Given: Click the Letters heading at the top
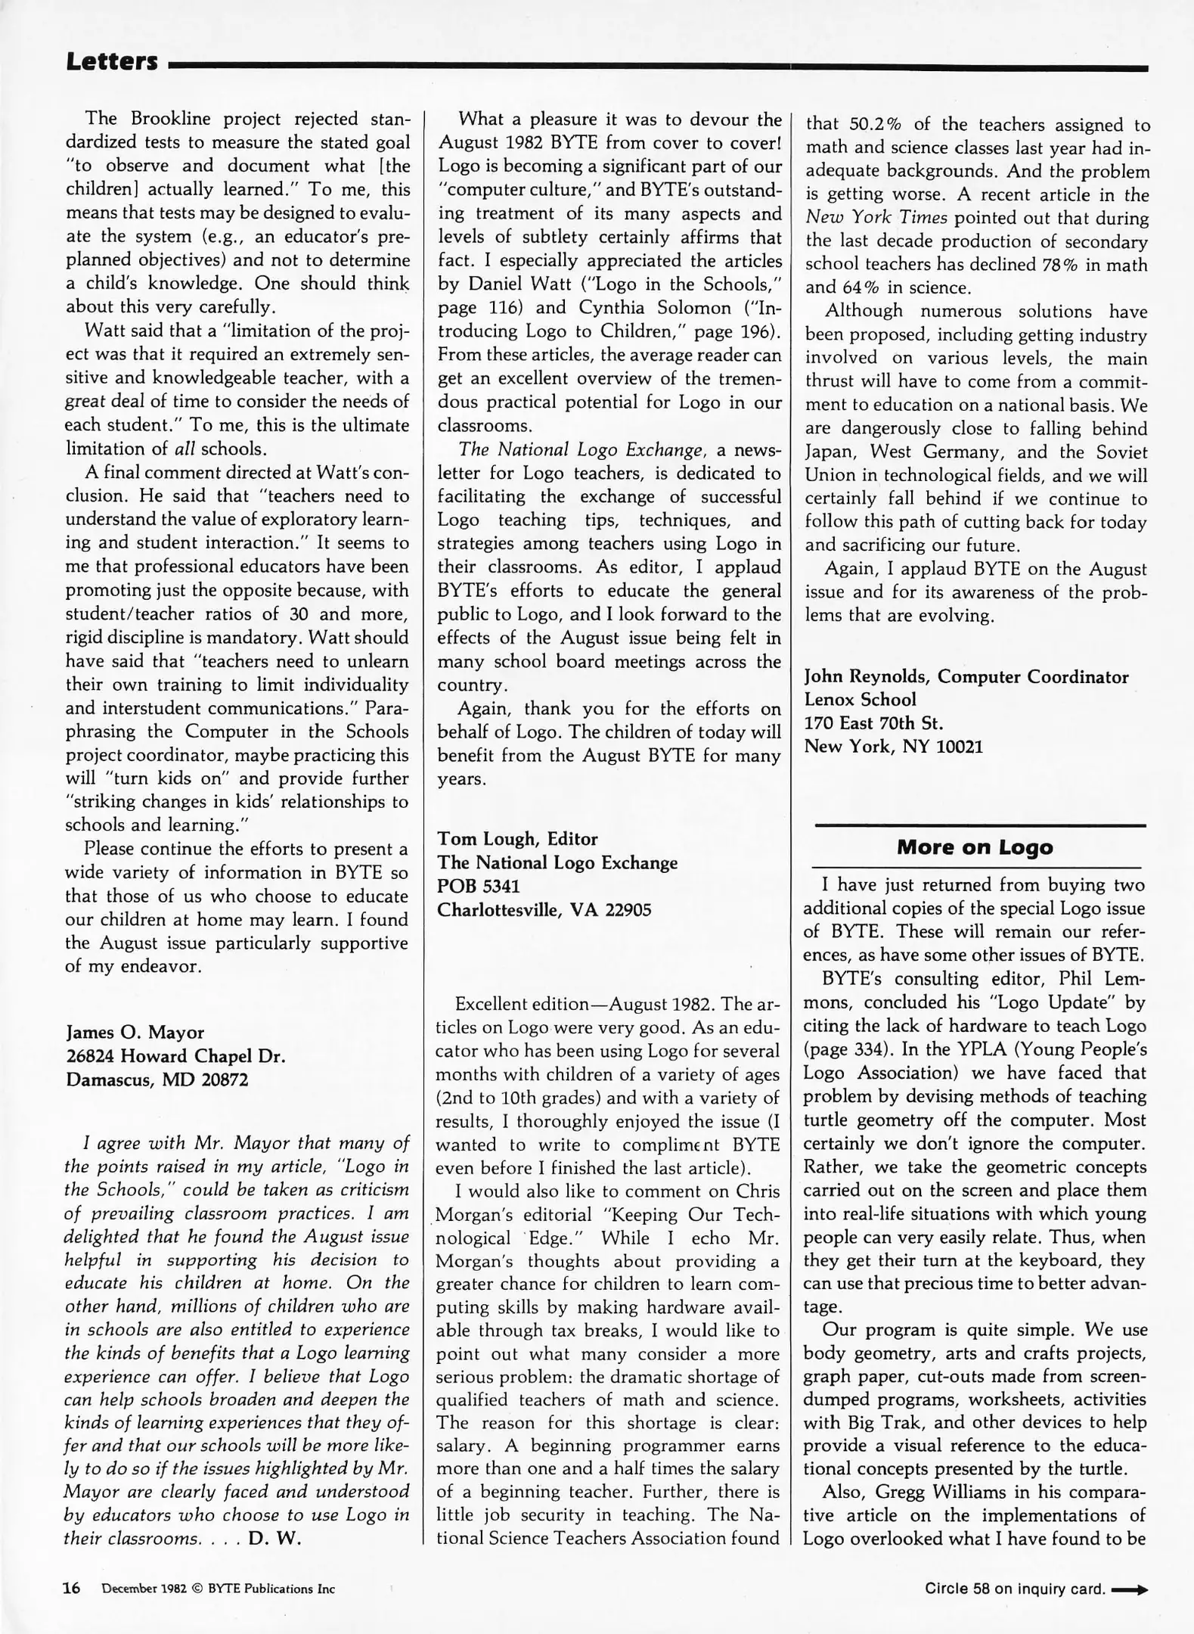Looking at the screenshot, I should click(x=112, y=61).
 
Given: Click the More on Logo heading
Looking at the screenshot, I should click(x=974, y=847).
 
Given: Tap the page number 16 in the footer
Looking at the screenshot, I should click(x=72, y=1588).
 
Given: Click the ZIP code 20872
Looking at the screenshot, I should click(x=225, y=1079).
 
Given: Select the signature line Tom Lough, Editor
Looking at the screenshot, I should click(x=517, y=838).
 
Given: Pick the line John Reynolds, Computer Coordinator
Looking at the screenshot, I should click(x=966, y=676).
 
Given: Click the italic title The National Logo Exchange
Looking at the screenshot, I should click(x=581, y=449).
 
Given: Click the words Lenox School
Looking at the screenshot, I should click(x=860, y=699).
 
